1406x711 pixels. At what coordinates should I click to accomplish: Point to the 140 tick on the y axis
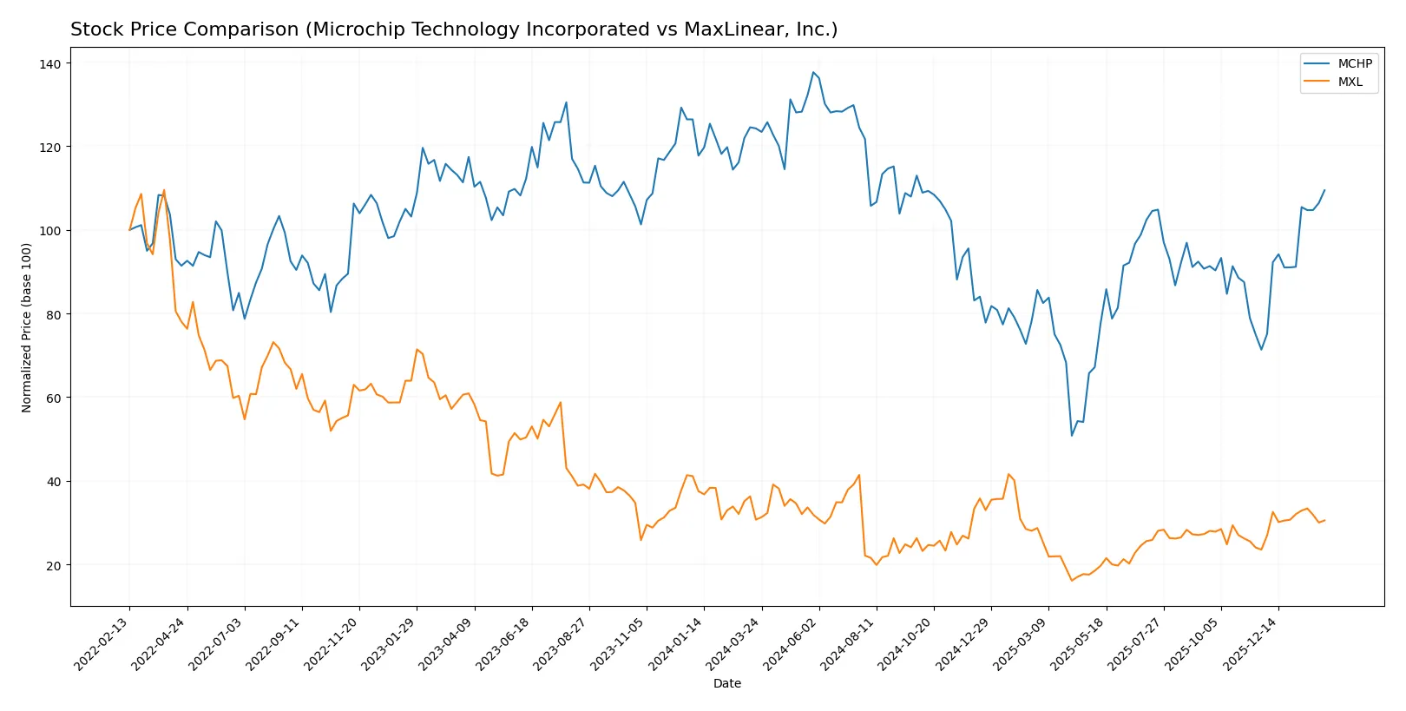click(x=49, y=63)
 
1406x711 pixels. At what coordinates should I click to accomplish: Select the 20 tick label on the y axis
click(x=53, y=565)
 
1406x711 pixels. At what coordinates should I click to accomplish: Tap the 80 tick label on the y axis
click(x=53, y=314)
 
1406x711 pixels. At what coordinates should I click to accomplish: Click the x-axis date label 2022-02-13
click(x=103, y=644)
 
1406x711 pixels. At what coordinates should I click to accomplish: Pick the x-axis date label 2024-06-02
click(x=792, y=644)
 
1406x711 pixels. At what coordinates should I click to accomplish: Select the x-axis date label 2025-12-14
click(x=1252, y=644)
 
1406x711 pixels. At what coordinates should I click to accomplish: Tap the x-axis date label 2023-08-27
click(x=562, y=644)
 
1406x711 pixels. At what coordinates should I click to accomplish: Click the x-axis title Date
click(x=726, y=683)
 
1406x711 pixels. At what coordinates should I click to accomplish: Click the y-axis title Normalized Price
click(x=27, y=327)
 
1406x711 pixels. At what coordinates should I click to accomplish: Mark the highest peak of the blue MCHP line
click(x=813, y=72)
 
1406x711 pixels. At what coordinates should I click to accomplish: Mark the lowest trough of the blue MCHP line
click(x=1072, y=436)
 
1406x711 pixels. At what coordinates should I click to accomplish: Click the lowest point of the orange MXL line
click(x=1072, y=580)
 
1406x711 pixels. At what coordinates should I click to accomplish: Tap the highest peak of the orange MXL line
click(x=164, y=190)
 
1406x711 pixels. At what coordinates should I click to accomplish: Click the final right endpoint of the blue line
click(x=1324, y=190)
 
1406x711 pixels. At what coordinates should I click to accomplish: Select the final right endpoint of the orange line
click(x=1324, y=520)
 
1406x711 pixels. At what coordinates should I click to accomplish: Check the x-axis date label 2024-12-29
click(x=964, y=644)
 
